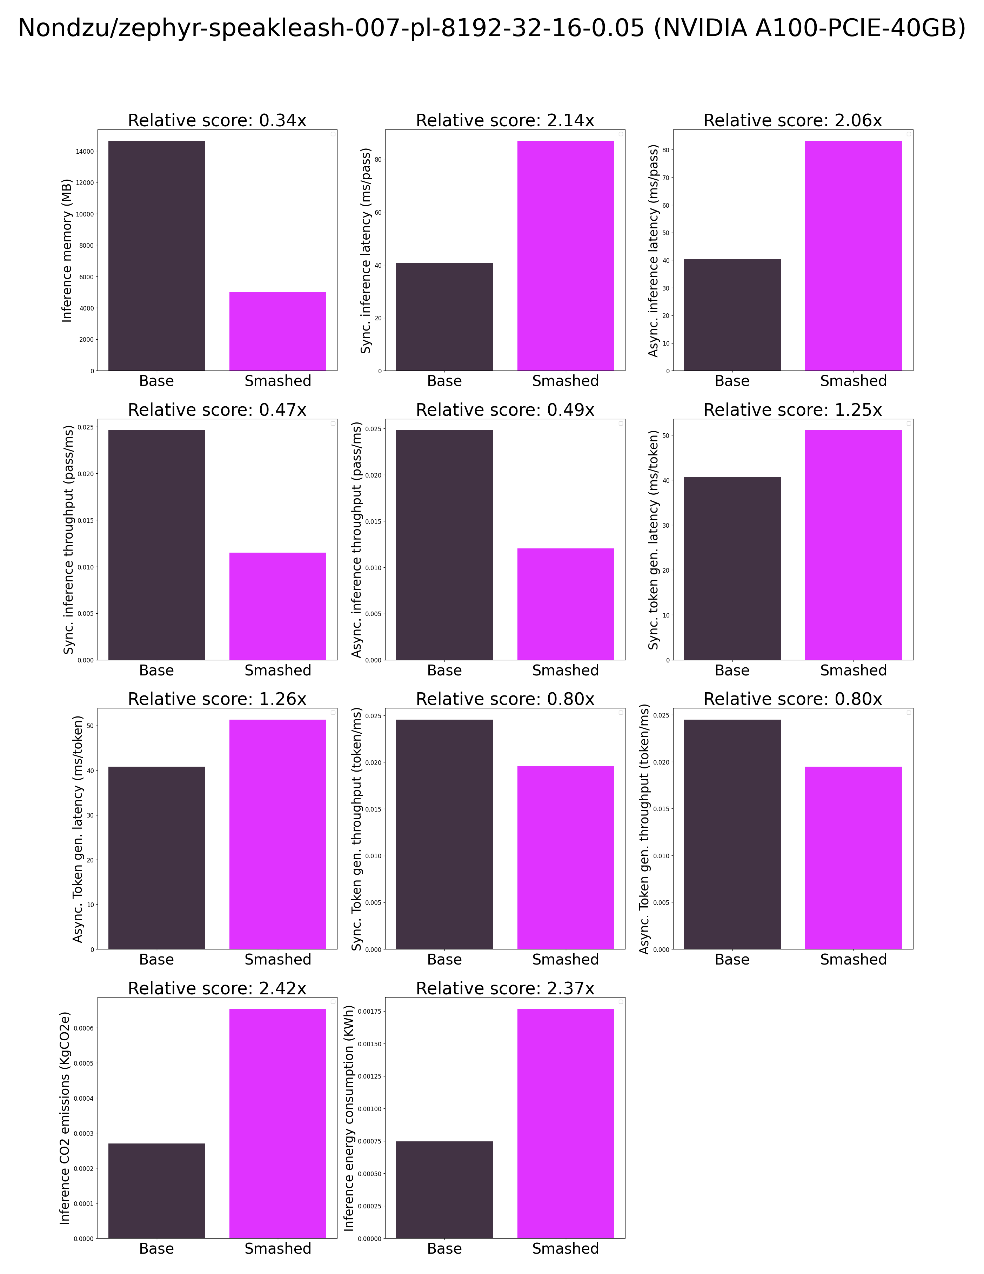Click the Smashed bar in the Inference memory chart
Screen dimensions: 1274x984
(x=277, y=331)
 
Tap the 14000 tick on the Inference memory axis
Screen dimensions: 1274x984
(x=85, y=152)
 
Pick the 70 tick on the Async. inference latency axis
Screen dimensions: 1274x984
(x=665, y=178)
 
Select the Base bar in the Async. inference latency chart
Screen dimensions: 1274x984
(x=732, y=315)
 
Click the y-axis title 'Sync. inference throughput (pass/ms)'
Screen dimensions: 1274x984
(x=69, y=540)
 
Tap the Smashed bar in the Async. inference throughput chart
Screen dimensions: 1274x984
(x=565, y=604)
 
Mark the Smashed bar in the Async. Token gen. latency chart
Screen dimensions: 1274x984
(x=277, y=834)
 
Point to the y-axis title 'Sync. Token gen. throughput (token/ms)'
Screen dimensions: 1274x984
(x=356, y=829)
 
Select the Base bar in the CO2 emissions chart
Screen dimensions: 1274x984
(x=156, y=1190)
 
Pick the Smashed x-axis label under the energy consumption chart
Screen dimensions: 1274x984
(x=565, y=1248)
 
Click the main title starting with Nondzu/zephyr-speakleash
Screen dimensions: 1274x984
(x=492, y=28)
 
